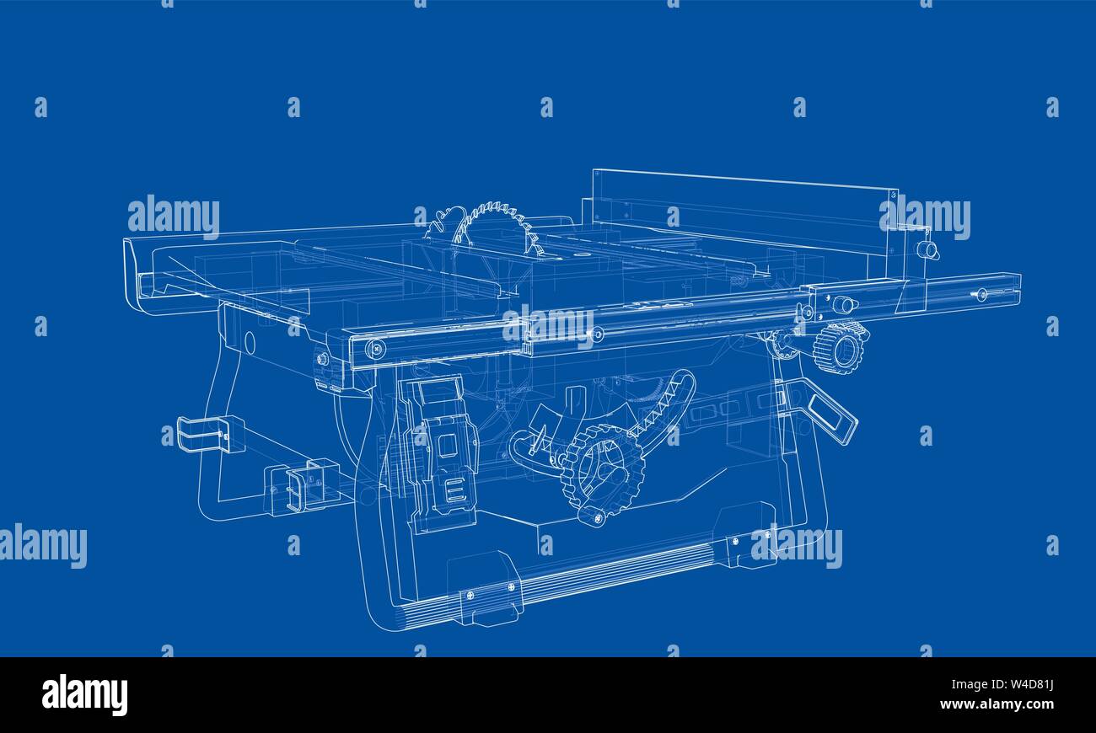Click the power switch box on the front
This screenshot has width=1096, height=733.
[x=438, y=451]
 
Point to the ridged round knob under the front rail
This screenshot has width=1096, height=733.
[x=840, y=346]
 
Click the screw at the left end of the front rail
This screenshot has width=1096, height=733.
[x=375, y=349]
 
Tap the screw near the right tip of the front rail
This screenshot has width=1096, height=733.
[x=981, y=293]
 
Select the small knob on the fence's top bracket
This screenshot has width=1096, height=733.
[x=927, y=249]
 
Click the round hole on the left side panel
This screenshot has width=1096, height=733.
[x=249, y=341]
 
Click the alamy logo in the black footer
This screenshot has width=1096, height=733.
[x=84, y=695]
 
